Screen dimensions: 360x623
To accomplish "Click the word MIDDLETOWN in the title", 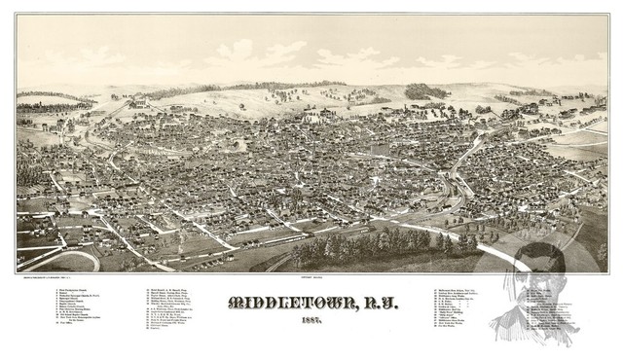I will coord(281,303).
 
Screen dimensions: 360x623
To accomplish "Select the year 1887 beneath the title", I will coord(312,323).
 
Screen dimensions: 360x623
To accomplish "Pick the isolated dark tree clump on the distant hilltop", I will coord(421,90).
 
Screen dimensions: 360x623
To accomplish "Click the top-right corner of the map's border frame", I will coord(608,14).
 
